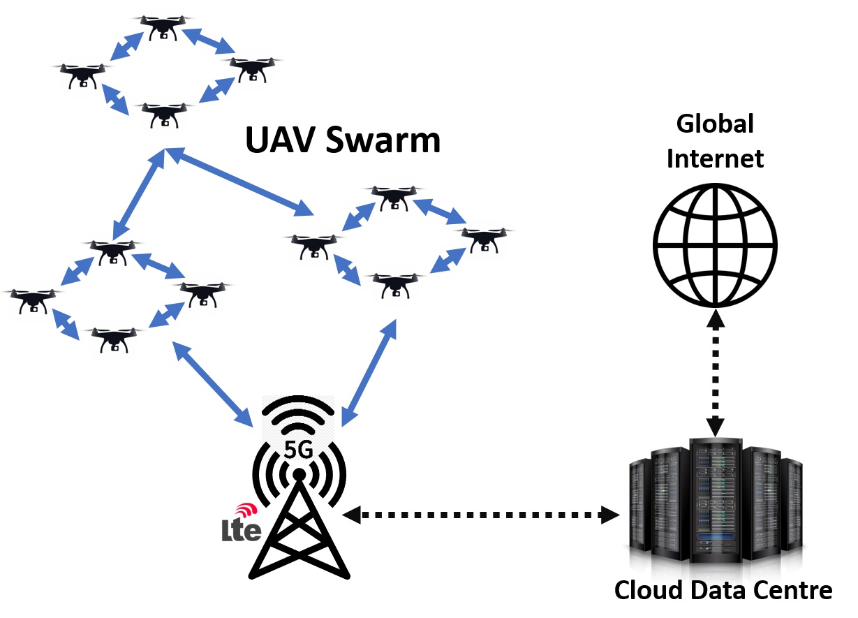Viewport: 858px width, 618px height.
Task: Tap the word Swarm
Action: (x=383, y=140)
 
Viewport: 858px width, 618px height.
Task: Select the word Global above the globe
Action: (x=715, y=124)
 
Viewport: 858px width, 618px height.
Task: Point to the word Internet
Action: (x=715, y=159)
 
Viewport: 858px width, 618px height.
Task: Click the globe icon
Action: (x=715, y=245)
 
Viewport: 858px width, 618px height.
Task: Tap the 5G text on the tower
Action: (x=298, y=449)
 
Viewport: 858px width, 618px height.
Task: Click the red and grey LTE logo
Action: (x=242, y=522)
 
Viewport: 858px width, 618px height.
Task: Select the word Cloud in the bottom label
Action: (x=648, y=589)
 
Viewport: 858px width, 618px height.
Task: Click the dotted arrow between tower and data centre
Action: (x=481, y=515)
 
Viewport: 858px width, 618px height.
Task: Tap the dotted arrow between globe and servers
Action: (x=715, y=372)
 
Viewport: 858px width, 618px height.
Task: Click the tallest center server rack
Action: (x=716, y=500)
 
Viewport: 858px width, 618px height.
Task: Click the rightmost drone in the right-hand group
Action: (x=484, y=240)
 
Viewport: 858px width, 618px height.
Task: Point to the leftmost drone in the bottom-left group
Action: (x=34, y=301)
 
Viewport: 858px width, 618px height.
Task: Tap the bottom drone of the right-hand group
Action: (x=395, y=285)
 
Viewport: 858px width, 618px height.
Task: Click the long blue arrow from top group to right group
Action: (x=239, y=182)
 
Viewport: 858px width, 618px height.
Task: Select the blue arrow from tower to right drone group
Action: (x=369, y=373)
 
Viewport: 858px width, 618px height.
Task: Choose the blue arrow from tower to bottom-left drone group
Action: (x=213, y=384)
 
